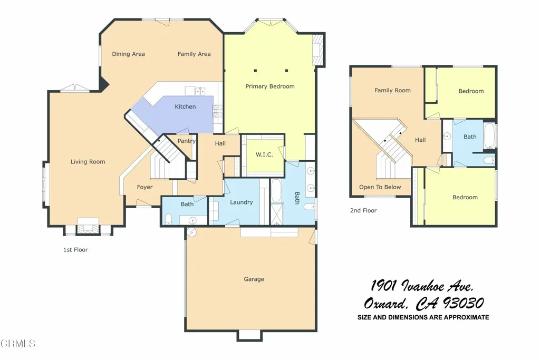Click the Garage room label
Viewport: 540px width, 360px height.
click(254, 279)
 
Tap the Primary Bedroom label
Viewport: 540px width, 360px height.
click(270, 86)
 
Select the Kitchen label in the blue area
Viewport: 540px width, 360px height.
click(185, 107)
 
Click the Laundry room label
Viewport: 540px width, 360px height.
click(242, 202)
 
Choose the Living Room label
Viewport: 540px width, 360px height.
click(88, 162)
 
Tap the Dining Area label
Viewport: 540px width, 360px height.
click(128, 54)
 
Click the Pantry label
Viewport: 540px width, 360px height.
click(186, 141)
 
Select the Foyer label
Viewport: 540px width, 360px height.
click(144, 188)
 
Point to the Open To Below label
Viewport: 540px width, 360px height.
click(380, 187)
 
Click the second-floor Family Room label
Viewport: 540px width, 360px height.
click(392, 91)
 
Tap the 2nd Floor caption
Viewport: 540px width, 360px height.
click(363, 211)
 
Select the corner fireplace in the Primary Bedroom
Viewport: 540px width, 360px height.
click(318, 51)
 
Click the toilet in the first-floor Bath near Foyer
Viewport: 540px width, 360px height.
click(168, 219)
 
